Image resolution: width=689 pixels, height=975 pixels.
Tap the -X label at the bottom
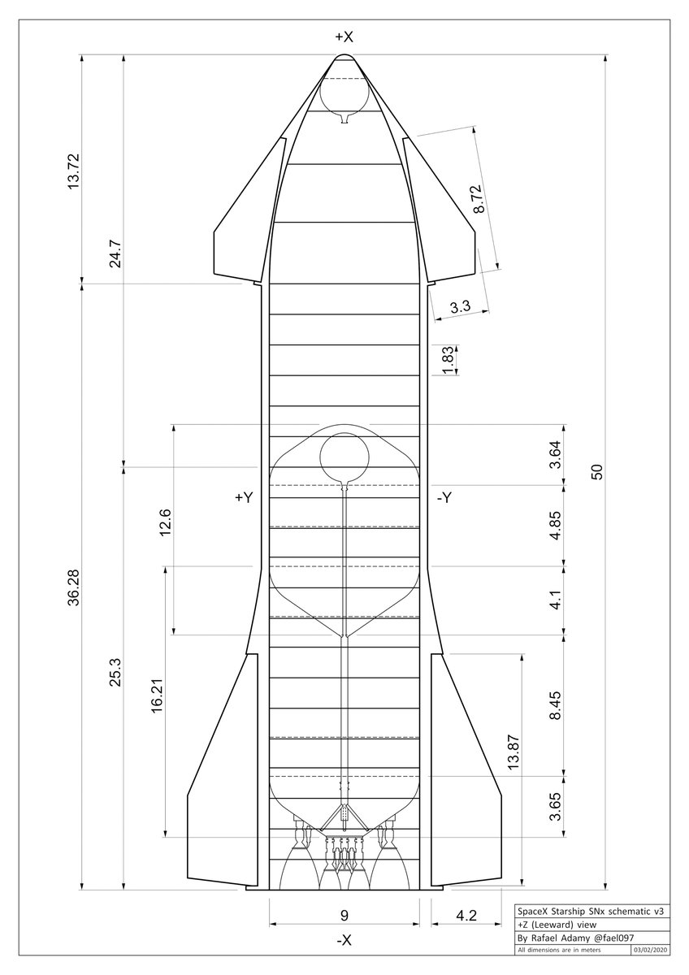pos(344,940)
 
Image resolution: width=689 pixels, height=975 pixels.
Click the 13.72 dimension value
pos(74,170)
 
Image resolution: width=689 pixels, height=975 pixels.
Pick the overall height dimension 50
pos(597,472)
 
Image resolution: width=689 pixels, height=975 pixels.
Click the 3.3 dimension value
pos(460,307)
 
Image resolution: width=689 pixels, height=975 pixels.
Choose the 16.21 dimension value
pos(157,701)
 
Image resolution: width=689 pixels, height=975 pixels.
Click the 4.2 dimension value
pos(466,916)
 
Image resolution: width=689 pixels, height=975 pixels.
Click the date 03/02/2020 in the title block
pos(651,948)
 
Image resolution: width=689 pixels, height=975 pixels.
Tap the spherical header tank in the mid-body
pos(344,457)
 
